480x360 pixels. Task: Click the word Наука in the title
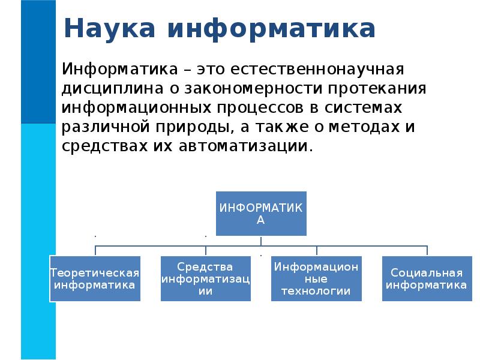click(x=109, y=28)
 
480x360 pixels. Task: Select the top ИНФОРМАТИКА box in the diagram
click(x=260, y=213)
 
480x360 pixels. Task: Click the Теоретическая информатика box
click(x=94, y=278)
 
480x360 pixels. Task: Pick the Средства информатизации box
click(x=206, y=278)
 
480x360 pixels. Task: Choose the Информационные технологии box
click(x=317, y=278)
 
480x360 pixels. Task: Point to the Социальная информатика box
click(x=427, y=278)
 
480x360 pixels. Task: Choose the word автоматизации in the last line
click(x=245, y=146)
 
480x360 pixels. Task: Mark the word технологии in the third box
click(x=317, y=292)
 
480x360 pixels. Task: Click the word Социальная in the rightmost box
click(x=427, y=273)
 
